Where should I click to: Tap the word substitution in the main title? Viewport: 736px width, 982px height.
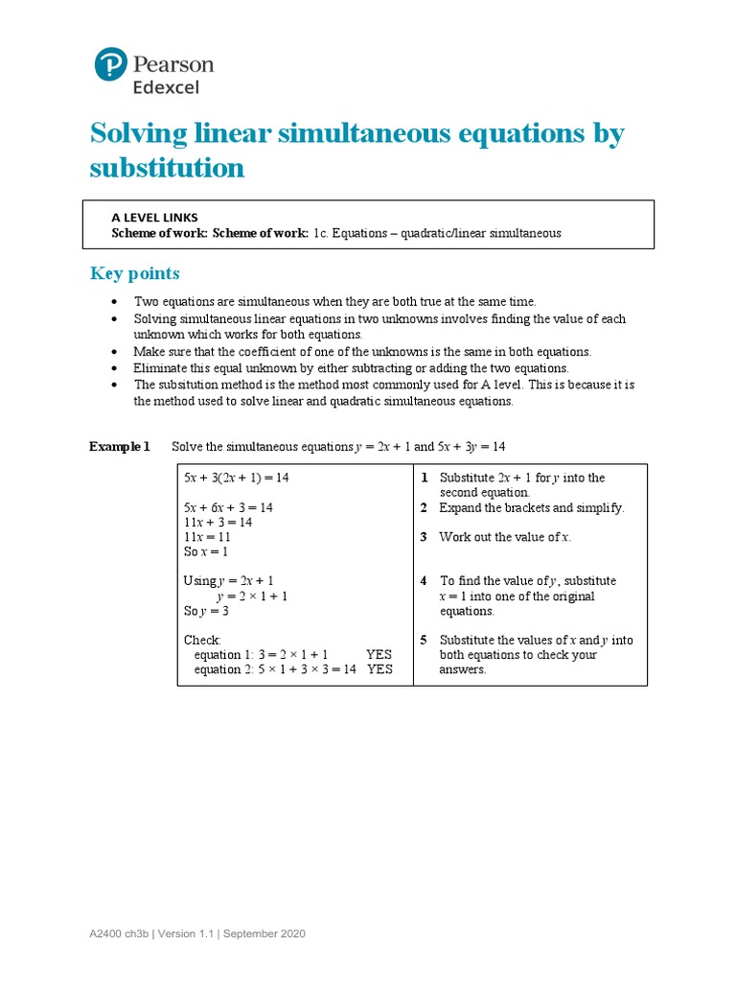tap(167, 168)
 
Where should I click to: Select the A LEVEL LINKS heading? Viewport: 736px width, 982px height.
tap(155, 218)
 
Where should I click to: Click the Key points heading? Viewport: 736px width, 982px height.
tap(134, 274)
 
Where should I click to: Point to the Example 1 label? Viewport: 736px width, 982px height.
tap(120, 447)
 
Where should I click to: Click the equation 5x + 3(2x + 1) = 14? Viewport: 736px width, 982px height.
tap(236, 478)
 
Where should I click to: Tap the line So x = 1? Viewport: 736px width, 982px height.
tap(206, 552)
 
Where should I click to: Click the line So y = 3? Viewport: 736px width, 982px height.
tap(206, 611)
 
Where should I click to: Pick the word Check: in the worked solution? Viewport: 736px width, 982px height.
tap(202, 640)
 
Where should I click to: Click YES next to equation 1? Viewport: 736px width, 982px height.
tap(379, 655)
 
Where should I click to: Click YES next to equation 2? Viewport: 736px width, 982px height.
tap(379, 669)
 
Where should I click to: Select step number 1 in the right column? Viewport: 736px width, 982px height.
tap(424, 478)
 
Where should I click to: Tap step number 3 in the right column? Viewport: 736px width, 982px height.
tap(424, 537)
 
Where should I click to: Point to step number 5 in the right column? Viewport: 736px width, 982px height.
tap(424, 640)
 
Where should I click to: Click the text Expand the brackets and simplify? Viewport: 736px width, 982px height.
tap(532, 507)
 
